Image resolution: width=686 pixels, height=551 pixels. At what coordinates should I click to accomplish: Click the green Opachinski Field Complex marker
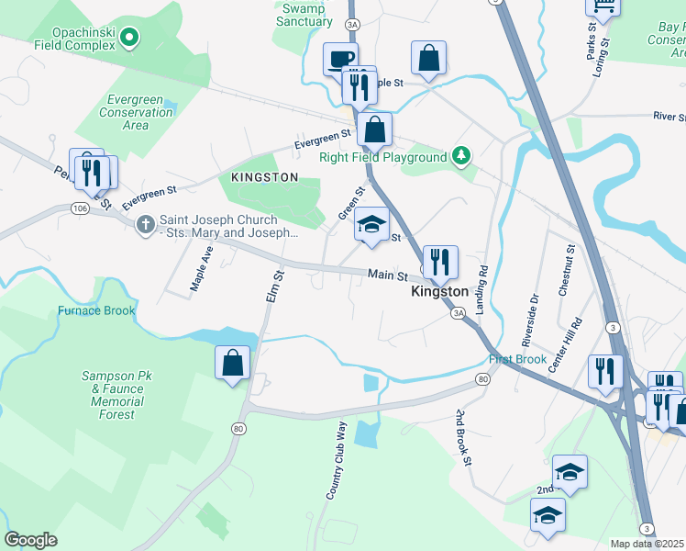pos(130,38)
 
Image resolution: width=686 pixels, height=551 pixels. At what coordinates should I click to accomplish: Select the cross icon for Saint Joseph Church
pos(145,225)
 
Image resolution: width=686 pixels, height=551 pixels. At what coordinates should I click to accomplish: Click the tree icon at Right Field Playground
pos(463,157)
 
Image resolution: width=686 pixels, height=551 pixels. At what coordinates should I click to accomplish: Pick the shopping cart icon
pos(603,7)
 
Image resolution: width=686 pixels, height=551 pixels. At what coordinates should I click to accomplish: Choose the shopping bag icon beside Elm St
pos(233,362)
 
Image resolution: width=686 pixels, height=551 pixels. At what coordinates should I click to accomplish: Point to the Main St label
pos(387,275)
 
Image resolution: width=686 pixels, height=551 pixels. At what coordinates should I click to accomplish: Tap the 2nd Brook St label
pos(461,437)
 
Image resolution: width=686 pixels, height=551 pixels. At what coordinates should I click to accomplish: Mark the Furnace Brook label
pos(96,310)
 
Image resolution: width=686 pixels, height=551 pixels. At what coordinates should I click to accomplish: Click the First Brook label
pos(517,359)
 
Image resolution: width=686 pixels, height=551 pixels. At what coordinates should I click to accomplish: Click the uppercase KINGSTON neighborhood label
pos(264,176)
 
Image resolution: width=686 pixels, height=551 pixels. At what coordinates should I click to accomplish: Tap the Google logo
pos(30,540)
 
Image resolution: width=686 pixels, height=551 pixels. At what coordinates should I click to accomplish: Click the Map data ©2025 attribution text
pos(647,544)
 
